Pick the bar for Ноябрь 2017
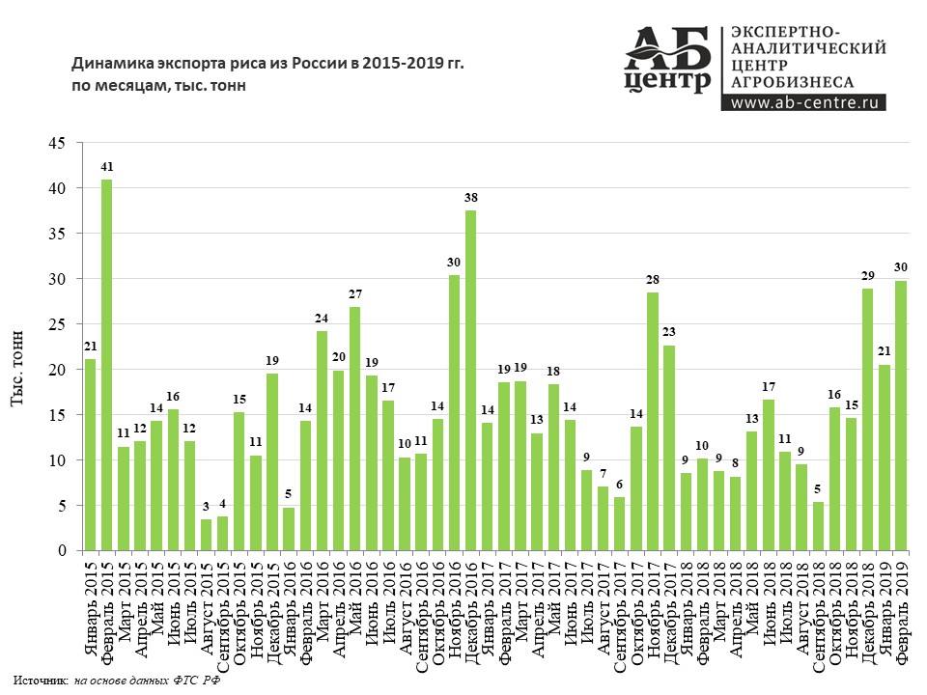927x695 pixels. (653, 421)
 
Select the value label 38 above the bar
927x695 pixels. (470, 198)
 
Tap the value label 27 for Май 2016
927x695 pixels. (354, 294)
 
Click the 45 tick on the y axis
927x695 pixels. (57, 143)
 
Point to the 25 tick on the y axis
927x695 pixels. (57, 324)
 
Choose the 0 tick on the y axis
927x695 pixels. (61, 551)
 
